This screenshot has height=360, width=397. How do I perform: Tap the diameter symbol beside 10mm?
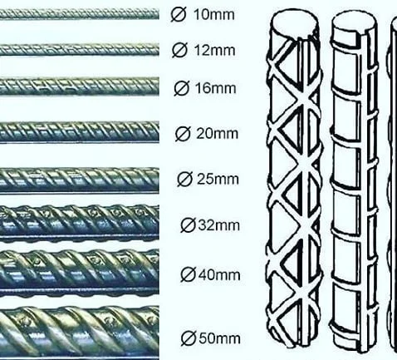tap(179, 14)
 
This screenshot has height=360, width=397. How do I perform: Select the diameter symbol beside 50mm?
tap(189, 338)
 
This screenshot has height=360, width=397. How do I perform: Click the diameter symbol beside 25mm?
tap(184, 179)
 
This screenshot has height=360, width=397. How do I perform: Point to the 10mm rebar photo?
tap(80, 14)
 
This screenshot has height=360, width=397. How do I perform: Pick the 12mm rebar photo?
tap(80, 50)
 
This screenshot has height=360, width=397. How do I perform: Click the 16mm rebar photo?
tap(80, 86)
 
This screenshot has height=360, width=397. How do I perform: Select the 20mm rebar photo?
tap(80, 132)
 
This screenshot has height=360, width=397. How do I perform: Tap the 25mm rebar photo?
tap(80, 180)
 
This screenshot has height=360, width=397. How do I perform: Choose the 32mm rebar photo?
tap(80, 223)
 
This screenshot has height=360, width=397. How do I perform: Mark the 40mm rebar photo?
tap(80, 273)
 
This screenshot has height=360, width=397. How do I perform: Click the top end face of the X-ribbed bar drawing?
tap(294, 22)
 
